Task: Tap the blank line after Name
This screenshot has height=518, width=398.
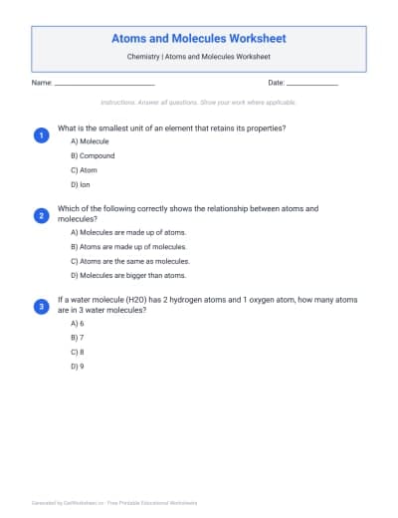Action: point(104,84)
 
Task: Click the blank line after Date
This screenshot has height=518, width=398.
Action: point(312,84)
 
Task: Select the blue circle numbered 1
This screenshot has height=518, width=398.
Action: point(41,134)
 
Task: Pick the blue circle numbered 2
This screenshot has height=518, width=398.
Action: point(41,215)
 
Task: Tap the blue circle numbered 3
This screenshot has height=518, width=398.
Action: point(41,306)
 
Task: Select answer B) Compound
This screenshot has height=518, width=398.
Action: point(93,156)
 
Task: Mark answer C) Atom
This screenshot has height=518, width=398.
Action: point(84,170)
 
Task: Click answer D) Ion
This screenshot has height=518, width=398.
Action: point(82,184)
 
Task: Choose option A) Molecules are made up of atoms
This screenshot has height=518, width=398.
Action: point(126,231)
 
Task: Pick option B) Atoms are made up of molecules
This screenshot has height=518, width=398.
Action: point(128,246)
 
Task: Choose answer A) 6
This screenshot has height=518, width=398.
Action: point(77,324)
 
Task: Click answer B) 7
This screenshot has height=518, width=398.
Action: point(77,338)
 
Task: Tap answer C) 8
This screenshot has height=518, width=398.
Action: point(77,352)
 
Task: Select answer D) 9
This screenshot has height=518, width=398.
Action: point(77,366)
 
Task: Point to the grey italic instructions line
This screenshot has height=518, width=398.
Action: point(198,103)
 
